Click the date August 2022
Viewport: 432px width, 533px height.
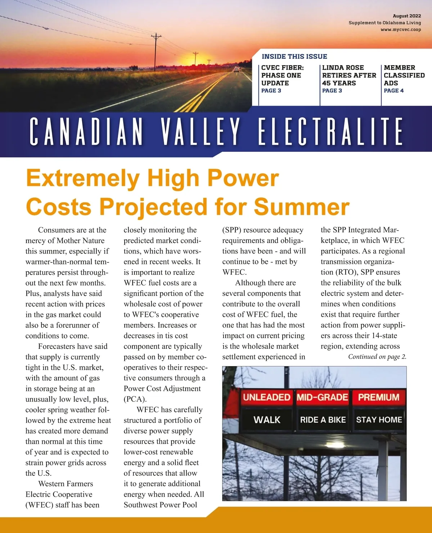click(x=407, y=16)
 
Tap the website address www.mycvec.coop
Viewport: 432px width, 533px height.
click(x=401, y=29)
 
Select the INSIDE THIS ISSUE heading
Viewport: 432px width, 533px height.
click(x=294, y=56)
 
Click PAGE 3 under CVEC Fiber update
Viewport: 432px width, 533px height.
click(x=271, y=91)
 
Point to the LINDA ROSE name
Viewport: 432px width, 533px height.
click(x=343, y=68)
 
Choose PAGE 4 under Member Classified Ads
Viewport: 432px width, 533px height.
click(x=393, y=91)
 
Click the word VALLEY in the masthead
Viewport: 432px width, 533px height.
click(x=200, y=131)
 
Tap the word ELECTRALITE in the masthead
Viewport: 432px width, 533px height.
click(x=330, y=131)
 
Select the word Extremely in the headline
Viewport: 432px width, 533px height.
click(x=83, y=178)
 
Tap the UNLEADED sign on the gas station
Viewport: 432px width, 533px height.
click(x=266, y=397)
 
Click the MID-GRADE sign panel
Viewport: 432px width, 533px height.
click(x=322, y=397)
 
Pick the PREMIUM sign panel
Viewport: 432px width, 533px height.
click(x=379, y=397)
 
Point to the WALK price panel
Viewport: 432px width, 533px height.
click(x=267, y=420)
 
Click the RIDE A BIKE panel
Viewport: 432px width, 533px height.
click(x=323, y=420)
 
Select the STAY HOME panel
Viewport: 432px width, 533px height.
click(x=379, y=420)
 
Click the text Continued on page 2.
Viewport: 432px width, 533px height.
click(x=377, y=357)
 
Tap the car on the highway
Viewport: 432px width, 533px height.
click(x=237, y=69)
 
